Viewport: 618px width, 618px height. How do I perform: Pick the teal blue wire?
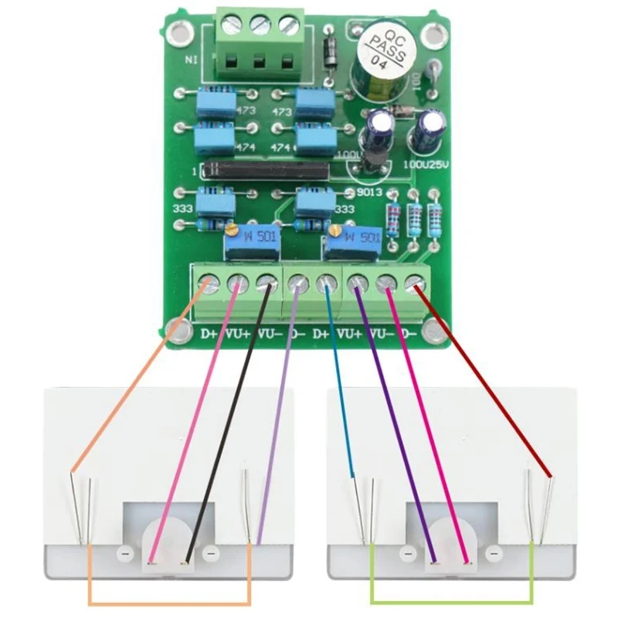tap(339, 386)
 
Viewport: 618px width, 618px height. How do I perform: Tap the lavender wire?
tap(278, 417)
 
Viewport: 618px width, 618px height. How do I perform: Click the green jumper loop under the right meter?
tap(452, 599)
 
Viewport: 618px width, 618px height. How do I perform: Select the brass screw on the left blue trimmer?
tap(231, 230)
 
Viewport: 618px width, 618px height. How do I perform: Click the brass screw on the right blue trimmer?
tap(334, 230)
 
